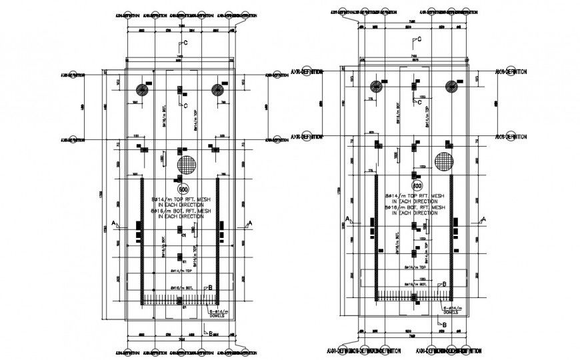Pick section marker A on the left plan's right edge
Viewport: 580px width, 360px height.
click(249, 222)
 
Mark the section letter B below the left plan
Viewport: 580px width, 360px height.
click(211, 333)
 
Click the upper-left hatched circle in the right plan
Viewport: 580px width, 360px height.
click(377, 85)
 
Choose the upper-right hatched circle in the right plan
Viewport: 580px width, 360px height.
click(452, 85)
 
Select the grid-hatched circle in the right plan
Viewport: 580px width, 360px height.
click(444, 160)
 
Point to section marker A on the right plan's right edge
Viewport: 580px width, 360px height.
click(485, 219)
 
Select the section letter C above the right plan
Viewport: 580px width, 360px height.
click(423, 39)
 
